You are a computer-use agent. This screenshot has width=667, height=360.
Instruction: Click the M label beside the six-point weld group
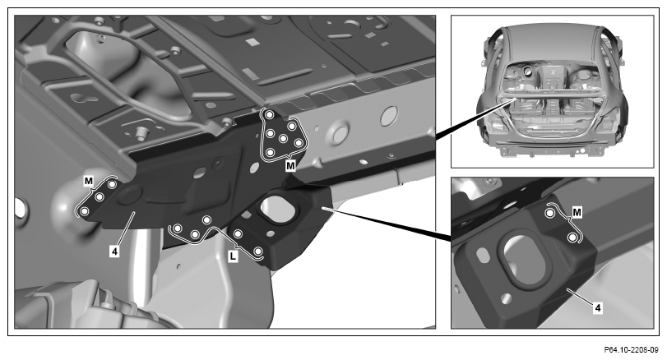[x=290, y=165]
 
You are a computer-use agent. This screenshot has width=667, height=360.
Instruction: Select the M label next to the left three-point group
[x=89, y=182]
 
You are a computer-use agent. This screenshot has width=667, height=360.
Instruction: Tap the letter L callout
[x=233, y=256]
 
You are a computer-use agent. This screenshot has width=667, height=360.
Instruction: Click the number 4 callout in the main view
[x=114, y=252]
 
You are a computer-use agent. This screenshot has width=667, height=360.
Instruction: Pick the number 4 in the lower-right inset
[x=598, y=307]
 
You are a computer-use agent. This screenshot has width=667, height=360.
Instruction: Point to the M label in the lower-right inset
[x=577, y=212]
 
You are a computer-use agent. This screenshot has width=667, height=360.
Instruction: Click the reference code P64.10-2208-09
[x=632, y=350]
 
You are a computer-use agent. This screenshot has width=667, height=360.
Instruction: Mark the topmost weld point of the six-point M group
[x=269, y=115]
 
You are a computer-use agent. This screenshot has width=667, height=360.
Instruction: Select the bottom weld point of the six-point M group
[x=270, y=153]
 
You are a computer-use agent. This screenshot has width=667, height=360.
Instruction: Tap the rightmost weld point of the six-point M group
[x=299, y=143]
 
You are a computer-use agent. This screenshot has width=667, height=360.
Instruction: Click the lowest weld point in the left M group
[x=84, y=211]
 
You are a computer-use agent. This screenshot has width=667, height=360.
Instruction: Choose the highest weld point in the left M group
[x=112, y=184]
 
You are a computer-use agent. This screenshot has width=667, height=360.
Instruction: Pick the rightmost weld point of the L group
[x=257, y=252]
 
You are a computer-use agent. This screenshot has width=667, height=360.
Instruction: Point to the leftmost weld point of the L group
[x=178, y=228]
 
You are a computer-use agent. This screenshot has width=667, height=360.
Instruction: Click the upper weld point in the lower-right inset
[x=549, y=213]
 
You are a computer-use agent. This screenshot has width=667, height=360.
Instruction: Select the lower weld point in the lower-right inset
[x=572, y=238]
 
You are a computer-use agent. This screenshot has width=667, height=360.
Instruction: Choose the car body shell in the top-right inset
[x=552, y=90]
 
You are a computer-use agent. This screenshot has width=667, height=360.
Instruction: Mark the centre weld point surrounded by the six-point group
[x=282, y=138]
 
